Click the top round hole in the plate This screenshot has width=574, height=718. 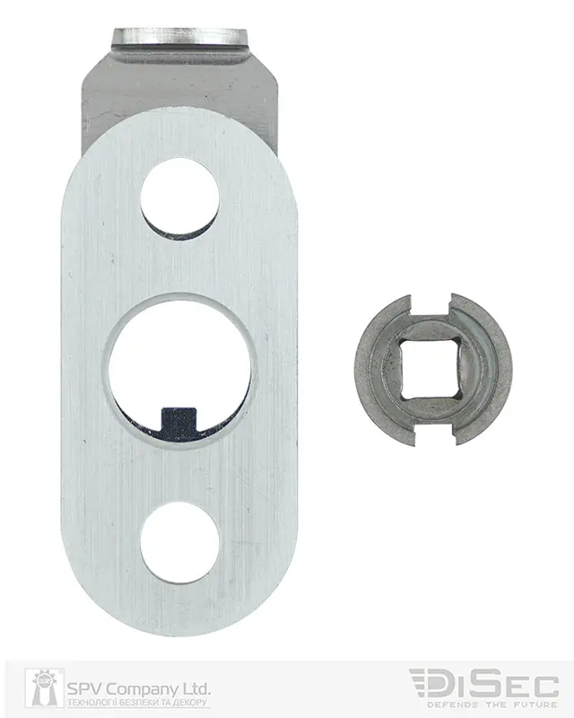point(179,197)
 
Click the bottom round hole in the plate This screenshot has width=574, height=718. point(179,544)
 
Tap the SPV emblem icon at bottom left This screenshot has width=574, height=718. point(45,687)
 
